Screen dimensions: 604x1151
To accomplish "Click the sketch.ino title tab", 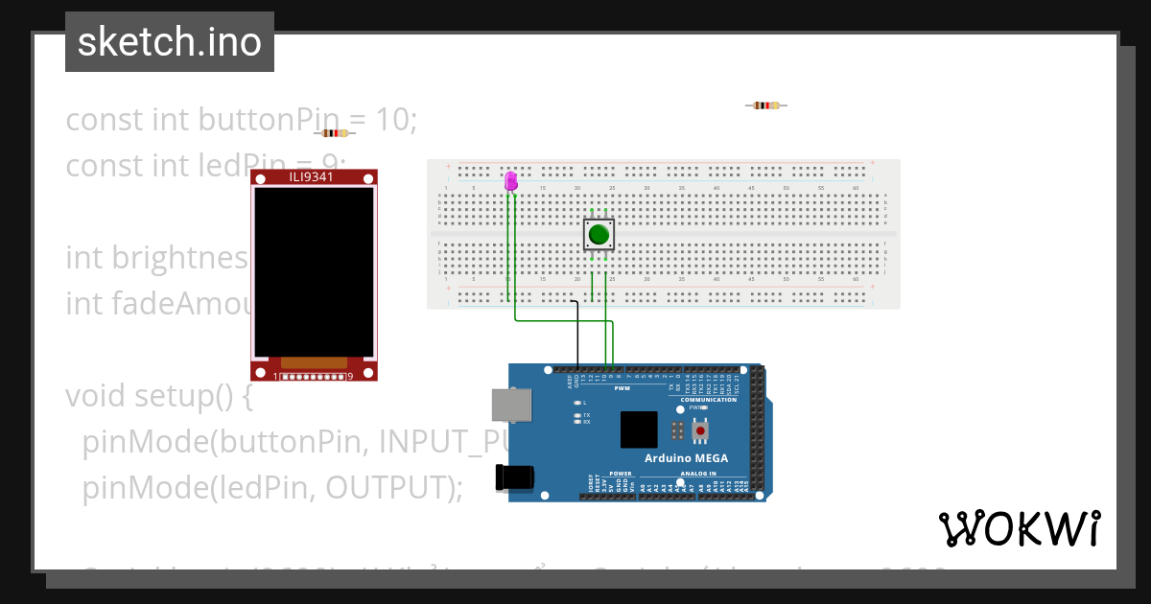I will click(x=170, y=42).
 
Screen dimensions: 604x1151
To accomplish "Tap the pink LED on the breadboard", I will click(x=510, y=180).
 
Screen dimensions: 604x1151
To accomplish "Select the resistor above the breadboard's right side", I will click(x=765, y=105).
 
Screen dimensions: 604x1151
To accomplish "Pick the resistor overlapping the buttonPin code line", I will click(x=335, y=133).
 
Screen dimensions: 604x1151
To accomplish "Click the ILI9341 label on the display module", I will click(x=314, y=177).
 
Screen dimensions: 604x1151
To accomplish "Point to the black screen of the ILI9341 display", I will click(x=314, y=271).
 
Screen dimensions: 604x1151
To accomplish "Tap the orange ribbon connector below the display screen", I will click(x=314, y=363).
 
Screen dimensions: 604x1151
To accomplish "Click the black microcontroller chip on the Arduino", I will click(x=639, y=430).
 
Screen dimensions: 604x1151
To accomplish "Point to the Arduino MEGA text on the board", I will click(x=685, y=458).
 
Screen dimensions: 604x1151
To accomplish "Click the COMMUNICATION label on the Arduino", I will click(x=709, y=400).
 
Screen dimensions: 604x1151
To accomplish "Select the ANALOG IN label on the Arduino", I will click(x=698, y=474).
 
